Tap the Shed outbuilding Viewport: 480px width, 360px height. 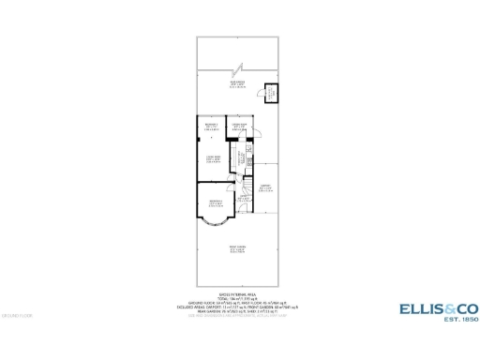[x=270, y=93]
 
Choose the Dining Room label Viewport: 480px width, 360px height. [x=239, y=127]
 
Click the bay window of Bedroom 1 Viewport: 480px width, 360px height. [x=215, y=224]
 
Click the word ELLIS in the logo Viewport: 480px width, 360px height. [x=414, y=307]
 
